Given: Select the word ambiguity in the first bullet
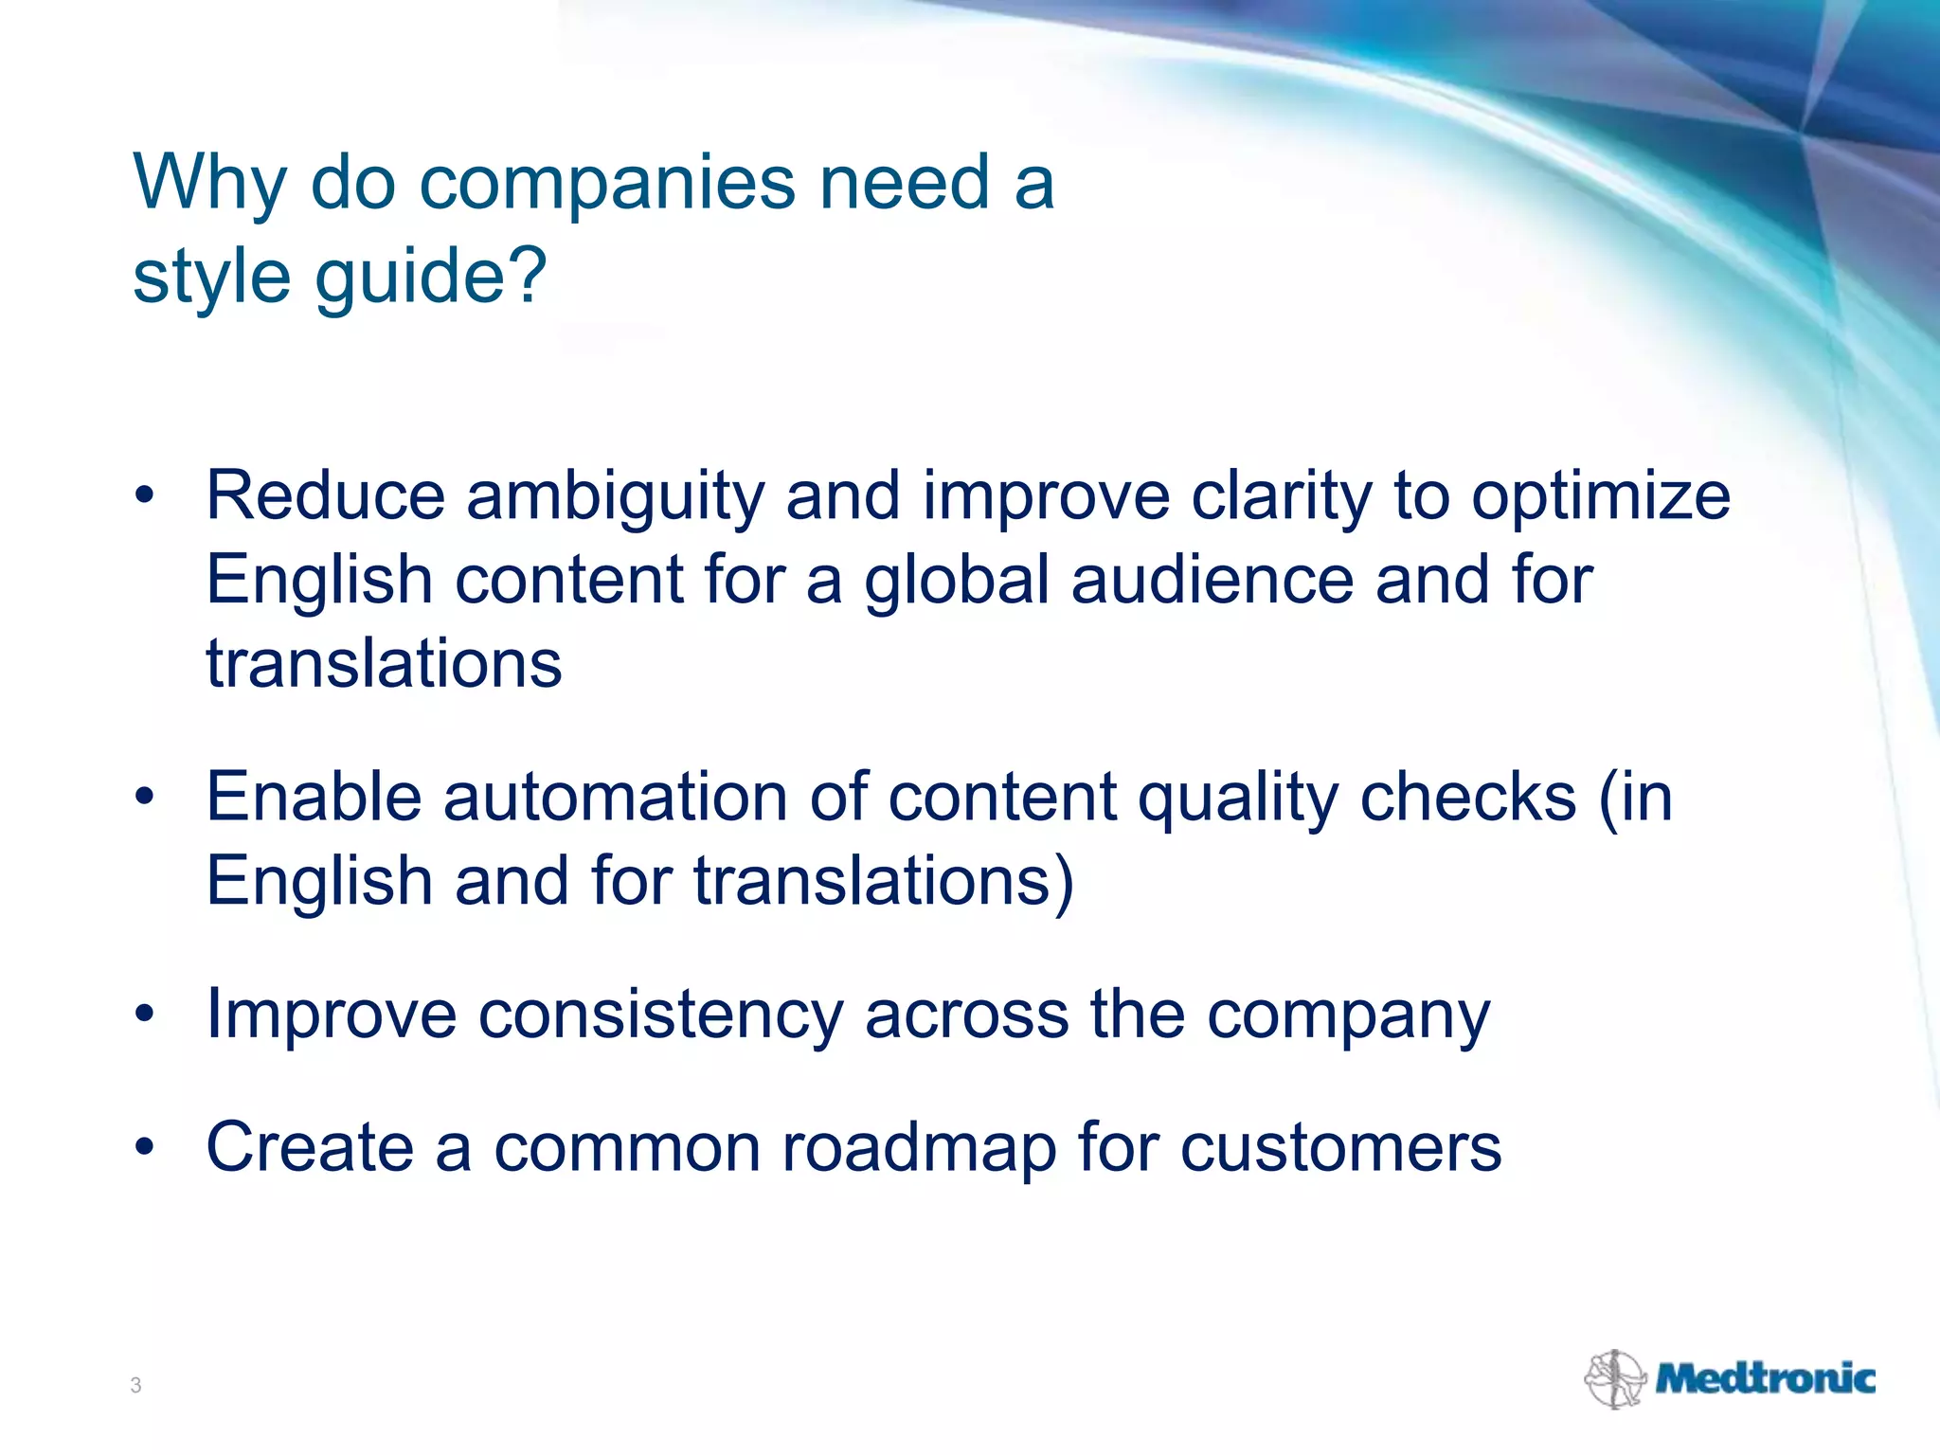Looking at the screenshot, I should tap(615, 496).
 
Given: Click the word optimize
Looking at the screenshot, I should tap(1600, 496).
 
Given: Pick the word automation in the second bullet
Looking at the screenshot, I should tap(615, 797).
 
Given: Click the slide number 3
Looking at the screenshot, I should tap(135, 1386).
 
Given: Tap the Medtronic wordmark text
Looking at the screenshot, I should tap(1765, 1378).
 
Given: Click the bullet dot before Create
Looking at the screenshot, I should tap(144, 1148).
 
